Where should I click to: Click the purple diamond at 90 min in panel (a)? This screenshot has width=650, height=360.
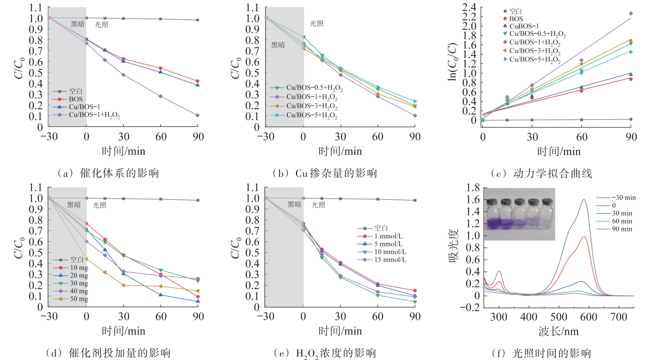pos(197,116)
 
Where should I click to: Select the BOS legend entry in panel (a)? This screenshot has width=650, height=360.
pos(76,99)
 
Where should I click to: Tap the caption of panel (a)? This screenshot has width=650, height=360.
pos(108,173)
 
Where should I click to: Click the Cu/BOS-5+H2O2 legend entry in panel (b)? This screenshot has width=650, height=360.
pos(312,115)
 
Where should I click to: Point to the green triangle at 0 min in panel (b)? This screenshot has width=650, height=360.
pos(304,37)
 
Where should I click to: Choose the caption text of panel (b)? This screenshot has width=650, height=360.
pos(325,173)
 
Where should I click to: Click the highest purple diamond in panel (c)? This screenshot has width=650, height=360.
pos(631,13)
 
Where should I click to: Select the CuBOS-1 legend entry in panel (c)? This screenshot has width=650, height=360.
pos(524,26)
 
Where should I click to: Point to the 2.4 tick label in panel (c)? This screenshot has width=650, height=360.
pos(469,7)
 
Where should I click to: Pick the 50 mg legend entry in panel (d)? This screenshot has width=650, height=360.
pos(79,299)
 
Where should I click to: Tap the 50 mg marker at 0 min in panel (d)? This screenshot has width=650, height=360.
pos(86,259)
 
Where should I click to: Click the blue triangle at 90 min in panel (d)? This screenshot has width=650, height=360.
pos(198,301)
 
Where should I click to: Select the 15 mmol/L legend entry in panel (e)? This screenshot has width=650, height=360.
pos(390,260)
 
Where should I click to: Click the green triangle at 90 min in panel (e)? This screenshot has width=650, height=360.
pos(415,302)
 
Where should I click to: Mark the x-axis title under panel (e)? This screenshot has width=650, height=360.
pos(340,331)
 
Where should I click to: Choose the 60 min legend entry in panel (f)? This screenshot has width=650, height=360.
pos(622,221)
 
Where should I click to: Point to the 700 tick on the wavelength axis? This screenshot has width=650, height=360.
pos(618,317)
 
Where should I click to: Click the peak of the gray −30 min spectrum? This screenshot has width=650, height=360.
pos(584,199)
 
